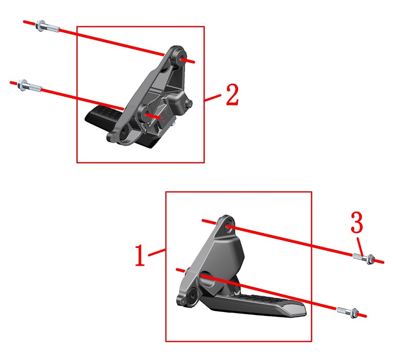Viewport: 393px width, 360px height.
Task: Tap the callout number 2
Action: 232,94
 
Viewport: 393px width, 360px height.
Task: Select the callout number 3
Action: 357,222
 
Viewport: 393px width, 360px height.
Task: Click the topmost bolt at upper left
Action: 48,27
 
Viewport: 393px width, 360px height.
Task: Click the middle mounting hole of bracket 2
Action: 146,114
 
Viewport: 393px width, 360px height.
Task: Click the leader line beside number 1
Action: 156,252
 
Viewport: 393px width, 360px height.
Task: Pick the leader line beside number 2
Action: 212,98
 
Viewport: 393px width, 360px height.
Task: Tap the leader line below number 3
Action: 360,247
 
